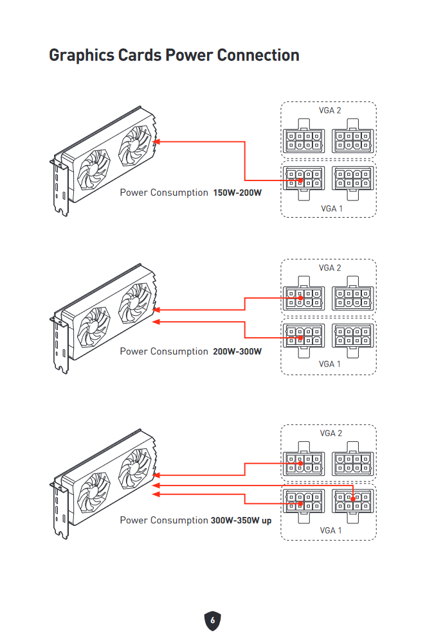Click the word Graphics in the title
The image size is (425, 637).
[81, 55]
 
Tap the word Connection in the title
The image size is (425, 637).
[258, 55]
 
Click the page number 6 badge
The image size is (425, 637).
[213, 620]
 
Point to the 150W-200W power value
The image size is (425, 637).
[237, 193]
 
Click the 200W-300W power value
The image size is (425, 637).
[237, 351]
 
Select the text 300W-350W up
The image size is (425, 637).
[240, 520]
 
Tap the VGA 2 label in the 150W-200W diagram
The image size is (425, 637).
[330, 110]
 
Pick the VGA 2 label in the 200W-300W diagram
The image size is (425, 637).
[330, 268]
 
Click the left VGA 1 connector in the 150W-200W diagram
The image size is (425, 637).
[303, 180]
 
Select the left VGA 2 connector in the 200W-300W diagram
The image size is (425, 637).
[303, 299]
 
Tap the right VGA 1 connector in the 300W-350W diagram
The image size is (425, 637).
[352, 499]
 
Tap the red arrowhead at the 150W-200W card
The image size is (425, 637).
[156, 142]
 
